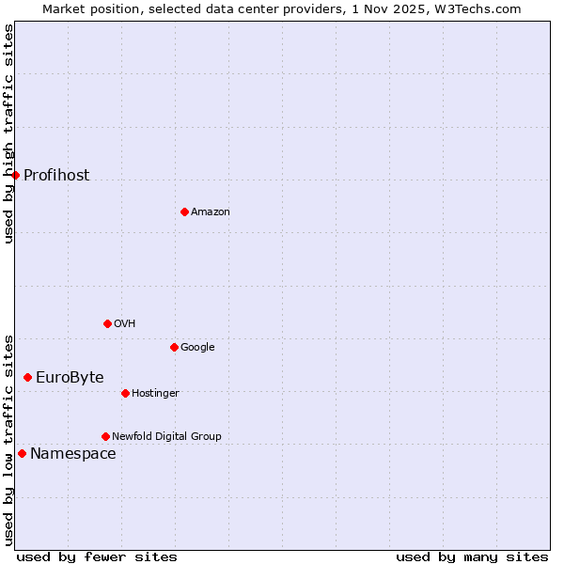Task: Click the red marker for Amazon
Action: pos(184,211)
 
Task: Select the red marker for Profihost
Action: pos(16,175)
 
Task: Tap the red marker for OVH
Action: pos(107,323)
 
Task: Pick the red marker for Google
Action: pos(174,347)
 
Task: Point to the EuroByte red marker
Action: pos(27,377)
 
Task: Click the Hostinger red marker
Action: pos(125,393)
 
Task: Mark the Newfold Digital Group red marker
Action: pos(105,436)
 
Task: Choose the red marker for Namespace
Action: pos(22,453)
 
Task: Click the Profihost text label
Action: pos(56,175)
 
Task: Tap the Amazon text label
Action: pos(211,211)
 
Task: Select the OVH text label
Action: pos(125,323)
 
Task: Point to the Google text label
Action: pos(197,347)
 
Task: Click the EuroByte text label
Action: pos(70,377)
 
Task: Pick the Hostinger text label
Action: pos(155,393)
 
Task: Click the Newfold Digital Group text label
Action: pos(166,436)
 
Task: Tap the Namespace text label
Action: pos(73,454)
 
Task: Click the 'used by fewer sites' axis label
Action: pos(97,556)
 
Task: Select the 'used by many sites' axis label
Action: pos(472,556)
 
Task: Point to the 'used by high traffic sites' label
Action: pos(8,133)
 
